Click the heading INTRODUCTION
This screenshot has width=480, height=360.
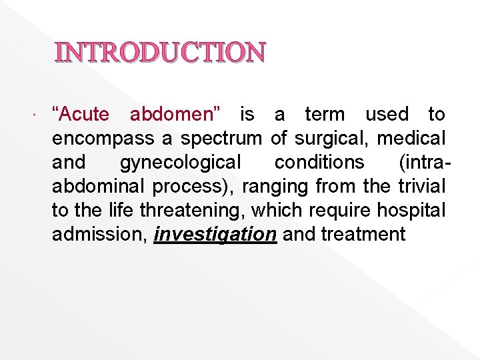pyautogui.click(x=160, y=53)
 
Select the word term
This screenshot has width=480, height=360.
pyautogui.click(x=325, y=115)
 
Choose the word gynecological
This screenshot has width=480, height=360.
pyautogui.click(x=181, y=163)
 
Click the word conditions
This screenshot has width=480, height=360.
pyautogui.click(x=319, y=163)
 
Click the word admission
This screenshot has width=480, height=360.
pyautogui.click(x=99, y=235)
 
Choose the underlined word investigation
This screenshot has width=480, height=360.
pyautogui.click(x=215, y=235)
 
